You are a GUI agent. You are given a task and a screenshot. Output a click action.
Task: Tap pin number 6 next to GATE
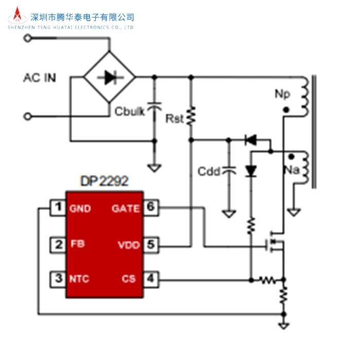click(x=150, y=208)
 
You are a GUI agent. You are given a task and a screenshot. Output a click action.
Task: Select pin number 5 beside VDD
click(x=150, y=244)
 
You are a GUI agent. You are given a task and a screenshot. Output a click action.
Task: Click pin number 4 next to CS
click(x=150, y=279)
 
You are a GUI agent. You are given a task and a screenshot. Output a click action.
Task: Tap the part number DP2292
click(x=104, y=181)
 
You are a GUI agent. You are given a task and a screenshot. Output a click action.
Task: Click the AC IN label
click(x=40, y=78)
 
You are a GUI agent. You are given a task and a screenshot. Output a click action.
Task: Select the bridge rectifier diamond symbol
click(x=109, y=78)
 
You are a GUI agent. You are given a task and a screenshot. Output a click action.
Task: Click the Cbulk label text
click(x=130, y=112)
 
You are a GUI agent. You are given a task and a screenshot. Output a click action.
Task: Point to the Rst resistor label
click(x=174, y=119)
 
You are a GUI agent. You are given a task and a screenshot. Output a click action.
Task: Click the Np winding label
click(x=283, y=94)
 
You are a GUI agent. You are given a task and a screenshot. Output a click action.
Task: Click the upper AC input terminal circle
click(x=28, y=38)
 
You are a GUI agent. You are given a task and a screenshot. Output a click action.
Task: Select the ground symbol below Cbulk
click(x=153, y=168)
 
